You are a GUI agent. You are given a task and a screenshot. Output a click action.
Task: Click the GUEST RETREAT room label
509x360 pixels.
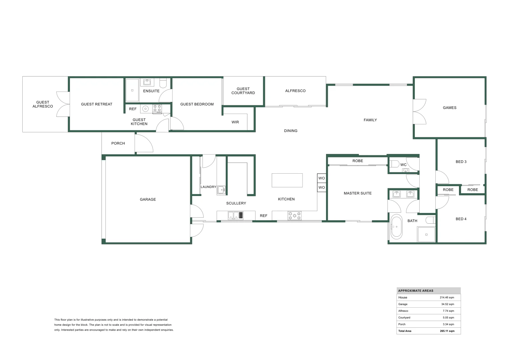coord(97,104)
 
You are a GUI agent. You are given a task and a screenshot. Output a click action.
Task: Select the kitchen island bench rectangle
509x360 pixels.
coord(287,180)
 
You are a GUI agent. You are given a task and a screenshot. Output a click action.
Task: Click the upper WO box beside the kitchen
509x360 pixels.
coord(321,178)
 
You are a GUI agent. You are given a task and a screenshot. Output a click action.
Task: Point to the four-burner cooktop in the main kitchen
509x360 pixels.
coord(294,216)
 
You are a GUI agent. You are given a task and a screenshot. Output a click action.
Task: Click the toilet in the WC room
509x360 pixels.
coord(395,164)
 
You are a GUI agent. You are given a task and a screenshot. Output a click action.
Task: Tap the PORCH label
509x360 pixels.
coord(118,143)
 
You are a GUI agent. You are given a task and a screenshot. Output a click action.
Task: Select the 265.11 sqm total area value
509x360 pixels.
coord(447,331)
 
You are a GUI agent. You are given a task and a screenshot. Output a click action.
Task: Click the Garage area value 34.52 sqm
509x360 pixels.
coord(447,304)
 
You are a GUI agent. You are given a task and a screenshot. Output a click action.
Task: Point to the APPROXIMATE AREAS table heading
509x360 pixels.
coord(416,291)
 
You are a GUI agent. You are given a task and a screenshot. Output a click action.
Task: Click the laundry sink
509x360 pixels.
coord(221,190)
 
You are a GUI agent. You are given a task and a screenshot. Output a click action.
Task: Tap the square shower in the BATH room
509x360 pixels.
coord(426,234)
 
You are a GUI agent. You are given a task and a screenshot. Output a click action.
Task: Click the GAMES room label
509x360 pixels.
coord(449,108)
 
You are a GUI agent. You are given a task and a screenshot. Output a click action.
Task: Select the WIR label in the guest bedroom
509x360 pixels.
coord(235,122)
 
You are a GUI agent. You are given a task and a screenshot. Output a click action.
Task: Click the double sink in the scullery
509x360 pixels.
coord(233,215)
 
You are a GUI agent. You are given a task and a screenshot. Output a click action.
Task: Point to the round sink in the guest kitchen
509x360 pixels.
coord(145,109)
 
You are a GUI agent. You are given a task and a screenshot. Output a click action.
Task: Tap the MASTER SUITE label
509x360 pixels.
coord(357,193)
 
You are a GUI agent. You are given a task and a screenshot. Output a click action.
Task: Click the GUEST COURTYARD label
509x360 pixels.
coord(243,91)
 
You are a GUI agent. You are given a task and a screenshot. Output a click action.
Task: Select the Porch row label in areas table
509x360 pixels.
coord(402,324)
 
